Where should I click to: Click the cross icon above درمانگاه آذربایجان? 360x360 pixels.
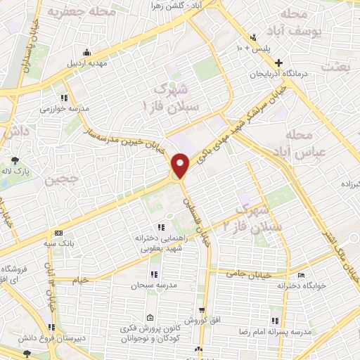[x=278, y=62]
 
